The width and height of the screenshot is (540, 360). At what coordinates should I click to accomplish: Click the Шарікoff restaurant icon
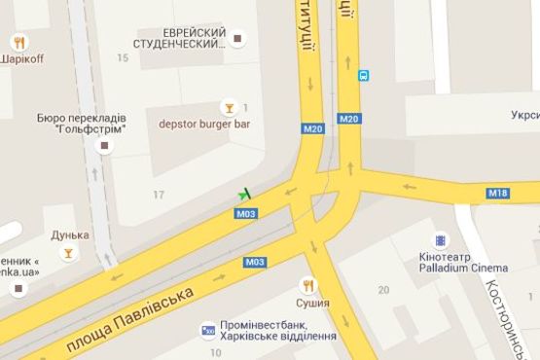pyautogui.click(x=19, y=42)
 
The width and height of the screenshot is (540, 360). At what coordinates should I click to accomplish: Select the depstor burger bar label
pyautogui.click(x=199, y=124)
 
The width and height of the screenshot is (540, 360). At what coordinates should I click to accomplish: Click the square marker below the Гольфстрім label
pyautogui.click(x=105, y=146)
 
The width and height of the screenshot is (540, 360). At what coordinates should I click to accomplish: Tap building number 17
pyautogui.click(x=159, y=196)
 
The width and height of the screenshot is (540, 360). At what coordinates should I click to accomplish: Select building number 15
pyautogui.click(x=122, y=59)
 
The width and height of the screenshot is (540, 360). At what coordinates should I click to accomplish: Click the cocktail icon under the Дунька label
pyautogui.click(x=68, y=253)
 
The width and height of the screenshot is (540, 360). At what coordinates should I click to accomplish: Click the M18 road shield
pyautogui.click(x=498, y=194)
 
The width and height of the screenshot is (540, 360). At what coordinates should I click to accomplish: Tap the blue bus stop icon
pyautogui.click(x=363, y=75)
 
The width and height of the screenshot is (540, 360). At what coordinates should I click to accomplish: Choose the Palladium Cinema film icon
pyautogui.click(x=441, y=240)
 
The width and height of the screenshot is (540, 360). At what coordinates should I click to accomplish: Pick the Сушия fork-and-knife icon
pyautogui.click(x=308, y=284)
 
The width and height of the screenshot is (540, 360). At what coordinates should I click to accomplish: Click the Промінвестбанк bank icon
pyautogui.click(x=207, y=331)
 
